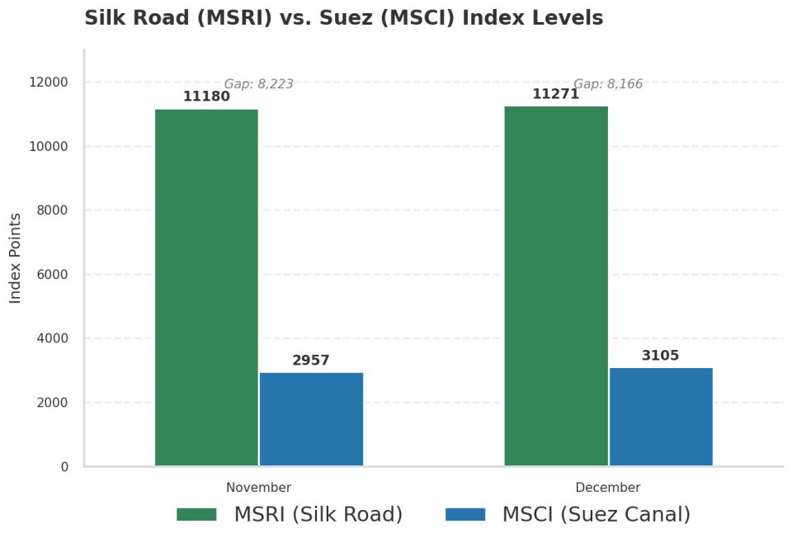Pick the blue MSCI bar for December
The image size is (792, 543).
661,417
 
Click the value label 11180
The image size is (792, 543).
206,97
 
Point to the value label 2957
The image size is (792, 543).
311,361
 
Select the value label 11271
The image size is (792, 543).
555,94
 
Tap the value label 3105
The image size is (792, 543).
661,356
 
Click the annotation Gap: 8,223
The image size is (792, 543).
258,83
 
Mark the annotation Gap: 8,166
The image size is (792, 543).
608,83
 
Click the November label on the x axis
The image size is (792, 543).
258,488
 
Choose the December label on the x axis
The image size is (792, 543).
608,488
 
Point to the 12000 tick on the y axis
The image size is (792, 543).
49,83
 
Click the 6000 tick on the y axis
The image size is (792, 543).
53,275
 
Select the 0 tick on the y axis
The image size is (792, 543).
64,467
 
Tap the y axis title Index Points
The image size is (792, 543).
16,257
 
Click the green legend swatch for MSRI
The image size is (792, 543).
196,515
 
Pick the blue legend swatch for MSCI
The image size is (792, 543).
465,515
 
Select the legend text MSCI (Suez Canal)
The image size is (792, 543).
596,515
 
